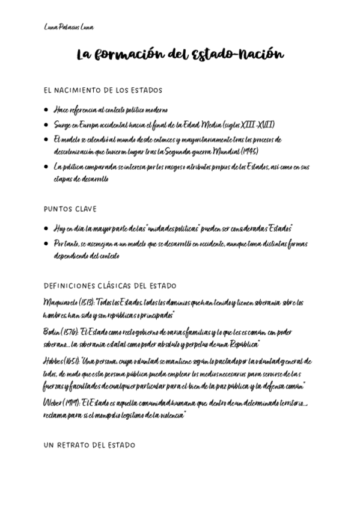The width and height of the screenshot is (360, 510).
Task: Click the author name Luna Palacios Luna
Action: tap(69, 28)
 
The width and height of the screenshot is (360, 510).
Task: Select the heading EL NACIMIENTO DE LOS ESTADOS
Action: tap(103, 91)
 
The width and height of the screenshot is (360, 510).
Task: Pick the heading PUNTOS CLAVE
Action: tap(70, 209)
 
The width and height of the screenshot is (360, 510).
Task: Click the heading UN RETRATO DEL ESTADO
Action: tap(90, 445)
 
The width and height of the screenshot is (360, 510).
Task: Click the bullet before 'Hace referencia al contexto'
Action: tap(47, 110)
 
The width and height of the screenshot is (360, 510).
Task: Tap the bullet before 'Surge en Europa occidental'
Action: tap(47, 125)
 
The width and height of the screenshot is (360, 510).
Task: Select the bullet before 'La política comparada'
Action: tap(47, 167)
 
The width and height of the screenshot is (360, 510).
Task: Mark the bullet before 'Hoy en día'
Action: tap(47, 229)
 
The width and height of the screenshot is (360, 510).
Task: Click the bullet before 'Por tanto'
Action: tap(47, 244)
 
